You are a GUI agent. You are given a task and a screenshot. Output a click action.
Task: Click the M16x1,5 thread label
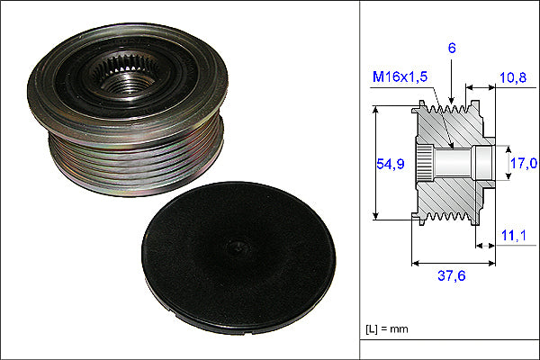pyautogui.click(x=400, y=76)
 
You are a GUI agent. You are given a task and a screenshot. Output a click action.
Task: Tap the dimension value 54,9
pyautogui.click(x=391, y=164)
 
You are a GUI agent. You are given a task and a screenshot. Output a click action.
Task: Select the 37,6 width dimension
pyautogui.click(x=452, y=275)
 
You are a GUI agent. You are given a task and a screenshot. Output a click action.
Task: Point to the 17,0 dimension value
pyautogui.click(x=524, y=163)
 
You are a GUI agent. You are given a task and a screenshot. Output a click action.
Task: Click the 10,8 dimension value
pyautogui.click(x=513, y=78)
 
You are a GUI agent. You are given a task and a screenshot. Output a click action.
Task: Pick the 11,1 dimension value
pyautogui.click(x=514, y=236)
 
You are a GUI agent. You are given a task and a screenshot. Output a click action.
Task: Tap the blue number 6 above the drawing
pyautogui.click(x=452, y=49)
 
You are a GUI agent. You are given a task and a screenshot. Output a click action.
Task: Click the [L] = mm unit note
pyautogui.click(x=387, y=329)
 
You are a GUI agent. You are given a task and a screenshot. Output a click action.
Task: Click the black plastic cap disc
pyautogui.click(x=238, y=258)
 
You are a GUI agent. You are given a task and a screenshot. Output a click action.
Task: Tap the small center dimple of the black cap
pyautogui.click(x=238, y=247)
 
